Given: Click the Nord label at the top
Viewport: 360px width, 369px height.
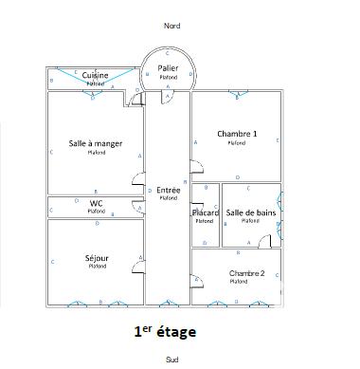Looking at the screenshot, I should [x=171, y=26].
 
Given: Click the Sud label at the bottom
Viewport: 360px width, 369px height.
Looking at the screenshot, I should [x=171, y=360].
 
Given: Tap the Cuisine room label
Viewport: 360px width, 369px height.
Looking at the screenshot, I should [x=95, y=75].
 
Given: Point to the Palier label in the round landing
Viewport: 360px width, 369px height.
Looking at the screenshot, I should [x=169, y=67].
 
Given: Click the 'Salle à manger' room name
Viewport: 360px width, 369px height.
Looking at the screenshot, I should [x=95, y=143].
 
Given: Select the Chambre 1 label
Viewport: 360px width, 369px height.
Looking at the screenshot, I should [x=237, y=134].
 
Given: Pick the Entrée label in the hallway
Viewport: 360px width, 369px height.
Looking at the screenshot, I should [x=169, y=190].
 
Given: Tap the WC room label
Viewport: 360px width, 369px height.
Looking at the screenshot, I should [x=96, y=203].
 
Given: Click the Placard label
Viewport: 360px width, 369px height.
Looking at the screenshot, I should [x=206, y=212].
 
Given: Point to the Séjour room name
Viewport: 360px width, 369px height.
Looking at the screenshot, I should [x=96, y=258].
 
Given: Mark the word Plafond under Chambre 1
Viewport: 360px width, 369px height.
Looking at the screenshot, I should [x=237, y=143].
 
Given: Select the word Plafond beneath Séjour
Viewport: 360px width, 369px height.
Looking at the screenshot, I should [x=96, y=268].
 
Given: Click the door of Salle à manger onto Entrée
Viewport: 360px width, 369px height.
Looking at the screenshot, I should [x=138, y=179].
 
